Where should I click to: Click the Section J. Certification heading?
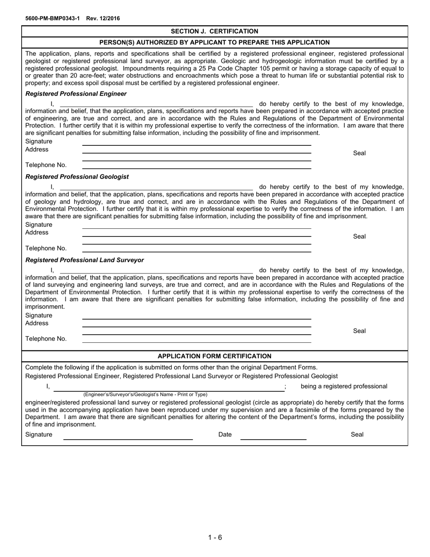(215, 31)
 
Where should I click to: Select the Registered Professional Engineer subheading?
(76, 94)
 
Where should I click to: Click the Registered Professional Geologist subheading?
(77, 177)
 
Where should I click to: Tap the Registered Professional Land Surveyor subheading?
(85, 260)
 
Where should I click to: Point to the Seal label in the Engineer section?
(359, 153)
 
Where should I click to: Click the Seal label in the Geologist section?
(359, 236)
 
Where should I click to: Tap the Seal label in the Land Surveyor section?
(359, 331)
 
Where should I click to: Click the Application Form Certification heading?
(215, 356)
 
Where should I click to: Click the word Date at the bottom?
(225, 434)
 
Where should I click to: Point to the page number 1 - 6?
(215, 538)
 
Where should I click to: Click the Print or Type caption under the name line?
(145, 394)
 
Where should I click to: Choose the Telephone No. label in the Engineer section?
(46, 165)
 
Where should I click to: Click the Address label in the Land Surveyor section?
(37, 323)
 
